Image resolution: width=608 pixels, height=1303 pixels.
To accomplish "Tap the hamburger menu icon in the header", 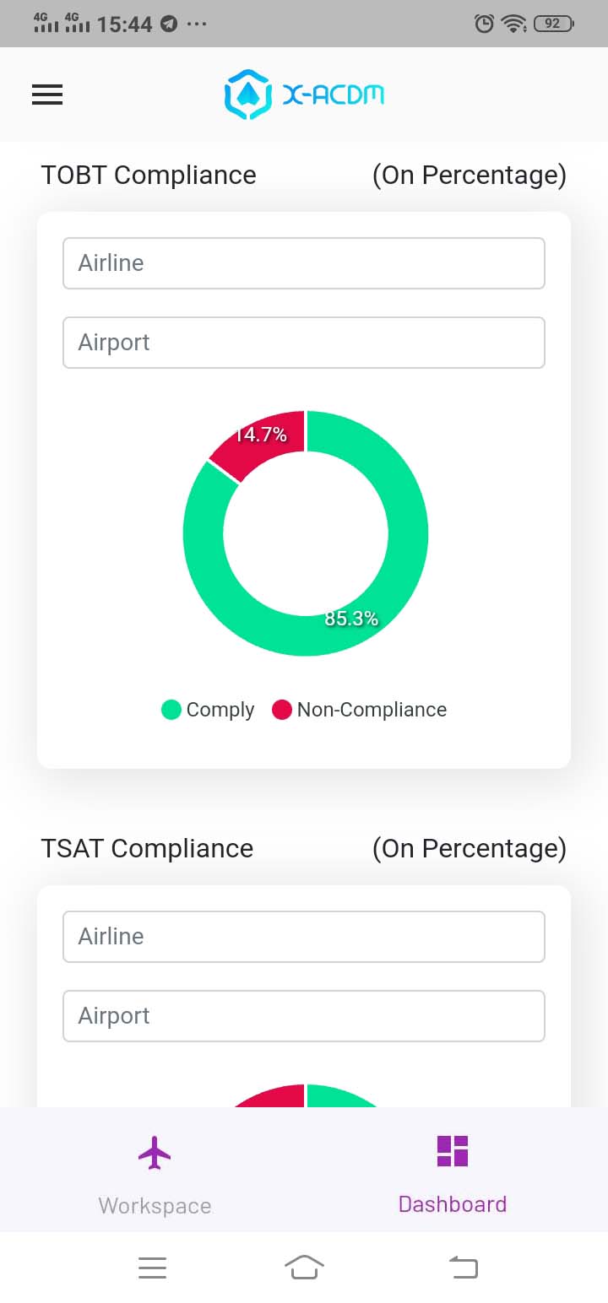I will [47, 95].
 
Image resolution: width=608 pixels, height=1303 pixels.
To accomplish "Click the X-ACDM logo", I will [304, 95].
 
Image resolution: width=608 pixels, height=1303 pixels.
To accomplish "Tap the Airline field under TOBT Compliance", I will [304, 263].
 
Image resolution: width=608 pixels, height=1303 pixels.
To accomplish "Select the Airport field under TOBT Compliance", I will [304, 343].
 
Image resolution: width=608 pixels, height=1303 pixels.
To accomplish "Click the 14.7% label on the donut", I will [261, 435].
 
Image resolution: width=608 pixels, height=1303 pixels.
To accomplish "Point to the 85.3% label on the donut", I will [351, 619].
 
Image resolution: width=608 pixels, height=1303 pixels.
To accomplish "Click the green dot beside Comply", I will [171, 710].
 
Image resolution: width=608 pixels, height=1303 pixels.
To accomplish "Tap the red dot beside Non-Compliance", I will [282, 710].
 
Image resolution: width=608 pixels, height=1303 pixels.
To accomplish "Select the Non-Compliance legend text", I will [372, 710].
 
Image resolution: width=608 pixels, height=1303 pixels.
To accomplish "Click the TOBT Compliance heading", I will [149, 176].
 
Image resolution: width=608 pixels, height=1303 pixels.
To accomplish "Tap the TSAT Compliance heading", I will [147, 848].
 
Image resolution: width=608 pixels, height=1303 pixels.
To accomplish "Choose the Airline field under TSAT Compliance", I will [304, 937].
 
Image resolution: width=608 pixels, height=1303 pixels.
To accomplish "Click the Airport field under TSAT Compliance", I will [304, 1016].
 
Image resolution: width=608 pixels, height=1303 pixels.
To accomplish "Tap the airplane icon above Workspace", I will [155, 1153].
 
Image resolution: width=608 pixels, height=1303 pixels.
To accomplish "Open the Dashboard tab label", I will [453, 1204].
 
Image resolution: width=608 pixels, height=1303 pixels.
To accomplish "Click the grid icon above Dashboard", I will [453, 1151].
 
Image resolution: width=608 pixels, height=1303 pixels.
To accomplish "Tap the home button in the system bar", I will [304, 1267].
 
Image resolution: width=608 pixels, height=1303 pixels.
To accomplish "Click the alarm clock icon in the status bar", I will [485, 24].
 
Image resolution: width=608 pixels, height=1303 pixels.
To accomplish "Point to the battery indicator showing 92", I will [553, 24].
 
